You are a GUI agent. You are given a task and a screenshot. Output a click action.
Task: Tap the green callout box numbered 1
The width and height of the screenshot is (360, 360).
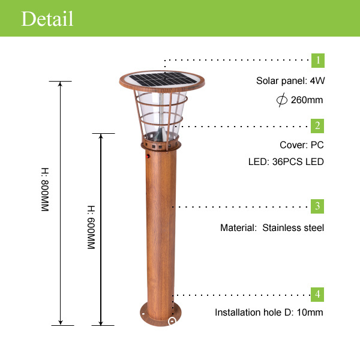pos(318,61)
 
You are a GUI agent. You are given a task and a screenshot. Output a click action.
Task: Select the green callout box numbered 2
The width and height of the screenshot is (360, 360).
pos(318,125)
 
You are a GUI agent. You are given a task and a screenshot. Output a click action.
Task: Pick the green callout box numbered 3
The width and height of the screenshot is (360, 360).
pos(318,206)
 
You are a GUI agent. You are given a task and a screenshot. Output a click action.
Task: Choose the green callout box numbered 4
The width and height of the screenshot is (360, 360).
pos(318,294)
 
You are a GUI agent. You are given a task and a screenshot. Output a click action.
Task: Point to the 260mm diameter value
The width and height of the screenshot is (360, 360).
pos(307,100)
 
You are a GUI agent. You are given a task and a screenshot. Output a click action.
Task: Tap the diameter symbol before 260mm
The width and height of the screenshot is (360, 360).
pos(281,100)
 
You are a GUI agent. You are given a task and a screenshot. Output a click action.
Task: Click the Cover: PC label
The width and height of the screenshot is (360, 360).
pos(302,145)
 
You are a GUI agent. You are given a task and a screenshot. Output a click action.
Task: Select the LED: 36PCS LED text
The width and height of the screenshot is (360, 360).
pos(286,162)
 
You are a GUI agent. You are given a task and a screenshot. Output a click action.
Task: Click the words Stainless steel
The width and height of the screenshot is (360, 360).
pos(293,228)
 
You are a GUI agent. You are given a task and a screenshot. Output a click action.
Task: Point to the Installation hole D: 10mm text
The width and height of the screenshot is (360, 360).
pos(269,313)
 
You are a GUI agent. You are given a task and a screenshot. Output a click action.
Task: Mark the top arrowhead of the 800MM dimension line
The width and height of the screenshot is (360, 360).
pos(60,83)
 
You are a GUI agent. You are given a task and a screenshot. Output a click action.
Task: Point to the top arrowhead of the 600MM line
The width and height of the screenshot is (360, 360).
pos(101,136)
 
